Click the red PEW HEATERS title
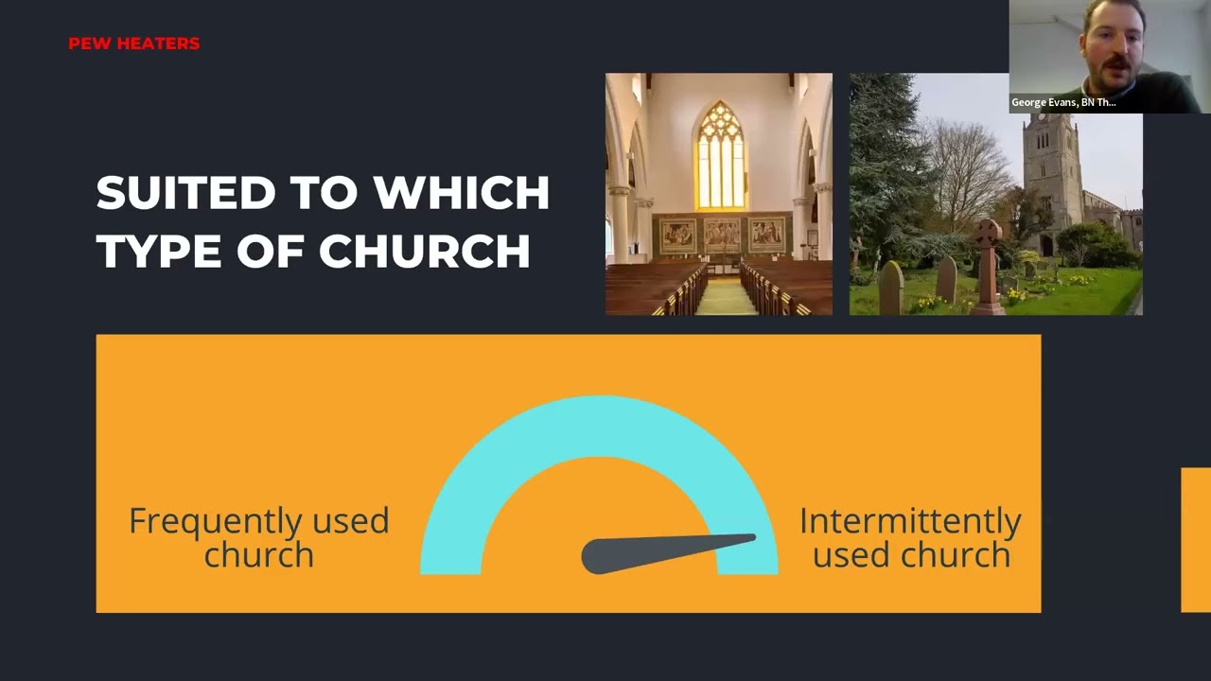click(x=133, y=44)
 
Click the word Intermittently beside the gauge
click(x=909, y=521)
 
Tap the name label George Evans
click(x=1063, y=102)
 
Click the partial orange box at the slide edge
click(x=1196, y=539)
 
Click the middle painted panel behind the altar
click(x=721, y=234)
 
